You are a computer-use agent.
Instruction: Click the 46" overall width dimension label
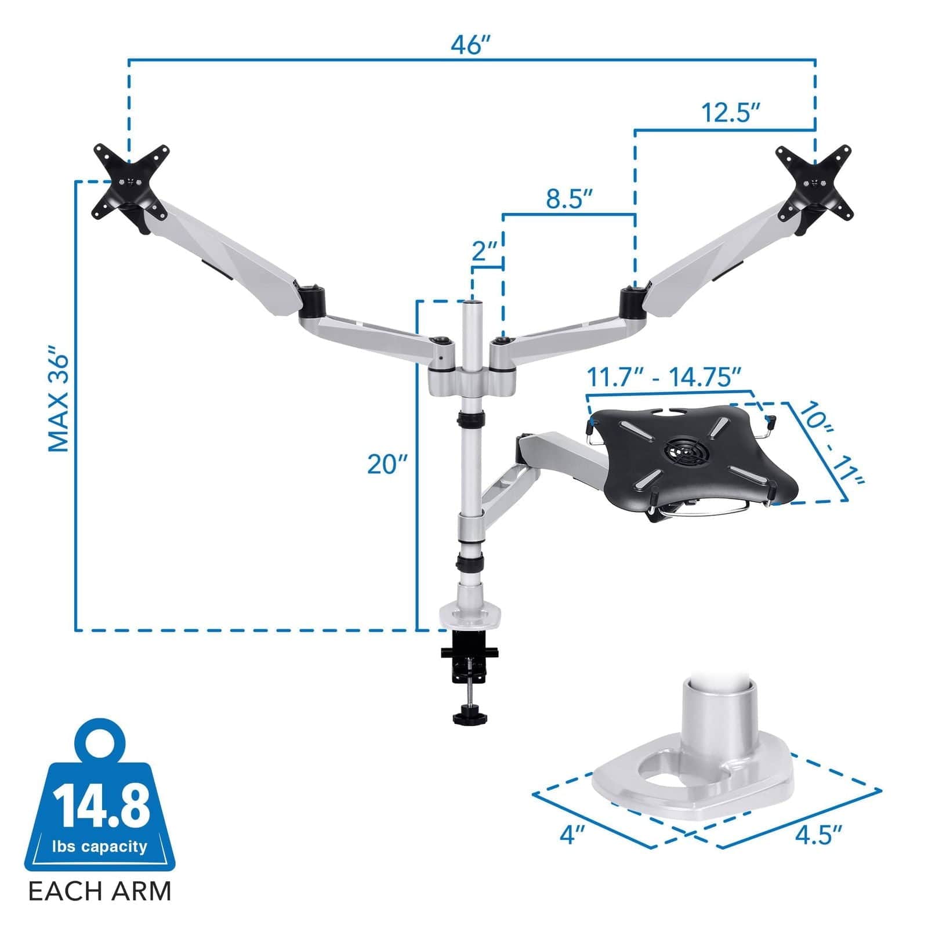(471, 45)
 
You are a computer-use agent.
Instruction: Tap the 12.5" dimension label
(730, 113)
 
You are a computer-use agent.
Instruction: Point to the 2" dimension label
(485, 251)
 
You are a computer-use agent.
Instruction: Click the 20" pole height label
(387, 464)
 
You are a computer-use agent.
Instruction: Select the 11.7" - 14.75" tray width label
(665, 378)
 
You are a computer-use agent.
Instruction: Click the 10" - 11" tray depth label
(830, 444)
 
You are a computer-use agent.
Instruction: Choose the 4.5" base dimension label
(818, 836)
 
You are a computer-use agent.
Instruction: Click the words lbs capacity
(100, 847)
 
